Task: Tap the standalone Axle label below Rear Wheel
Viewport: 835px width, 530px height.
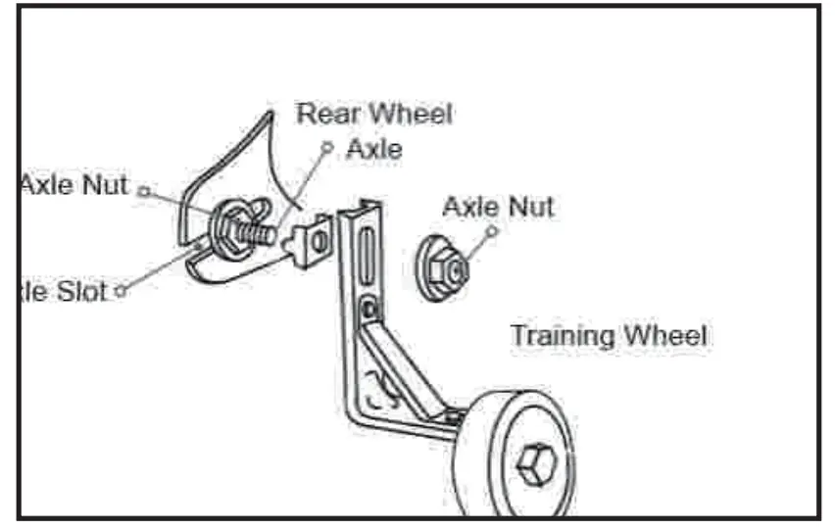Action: pyautogui.click(x=373, y=150)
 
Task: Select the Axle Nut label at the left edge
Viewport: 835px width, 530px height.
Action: pyautogui.click(x=74, y=185)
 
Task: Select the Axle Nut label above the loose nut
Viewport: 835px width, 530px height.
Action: pyautogui.click(x=498, y=207)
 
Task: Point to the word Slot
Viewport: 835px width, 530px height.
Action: pyautogui.click(x=78, y=291)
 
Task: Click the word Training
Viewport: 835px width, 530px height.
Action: pyautogui.click(x=563, y=336)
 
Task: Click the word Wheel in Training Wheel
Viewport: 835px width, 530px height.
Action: pyautogui.click(x=666, y=336)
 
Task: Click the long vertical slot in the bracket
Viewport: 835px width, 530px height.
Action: pyautogui.click(x=364, y=255)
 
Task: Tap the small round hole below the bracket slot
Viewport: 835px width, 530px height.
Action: pyautogui.click(x=367, y=311)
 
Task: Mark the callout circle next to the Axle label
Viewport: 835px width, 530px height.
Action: pyautogui.click(x=327, y=145)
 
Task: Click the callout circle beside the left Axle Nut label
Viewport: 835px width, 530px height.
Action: pyautogui.click(x=143, y=191)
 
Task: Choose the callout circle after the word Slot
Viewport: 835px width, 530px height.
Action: pyautogui.click(x=121, y=290)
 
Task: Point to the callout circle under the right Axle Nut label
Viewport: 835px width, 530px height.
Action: pyautogui.click(x=492, y=232)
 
